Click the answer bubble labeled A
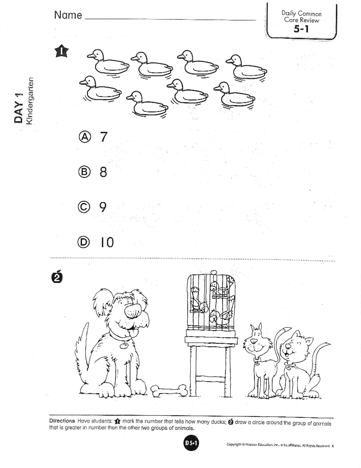[85, 137]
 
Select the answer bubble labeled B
[85, 172]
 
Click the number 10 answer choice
[107, 242]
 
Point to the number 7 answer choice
[104, 137]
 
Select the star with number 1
[62, 51]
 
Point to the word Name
[68, 15]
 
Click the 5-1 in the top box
[301, 29]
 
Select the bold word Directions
[62, 421]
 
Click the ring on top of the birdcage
[214, 272]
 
